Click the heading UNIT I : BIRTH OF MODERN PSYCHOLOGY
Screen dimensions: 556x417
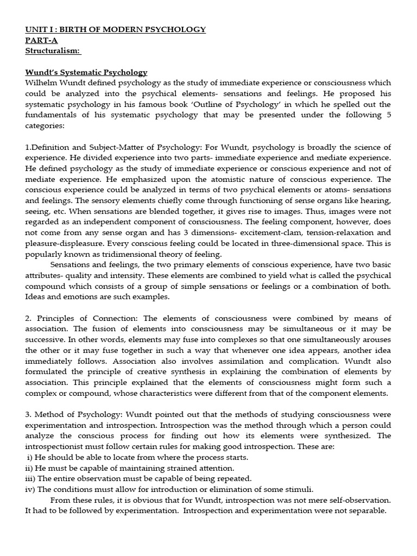pyautogui.click(x=115, y=29)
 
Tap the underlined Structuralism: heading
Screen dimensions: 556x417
pyautogui.click(x=53, y=50)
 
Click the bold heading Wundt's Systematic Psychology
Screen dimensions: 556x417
pyautogui.click(x=86, y=72)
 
